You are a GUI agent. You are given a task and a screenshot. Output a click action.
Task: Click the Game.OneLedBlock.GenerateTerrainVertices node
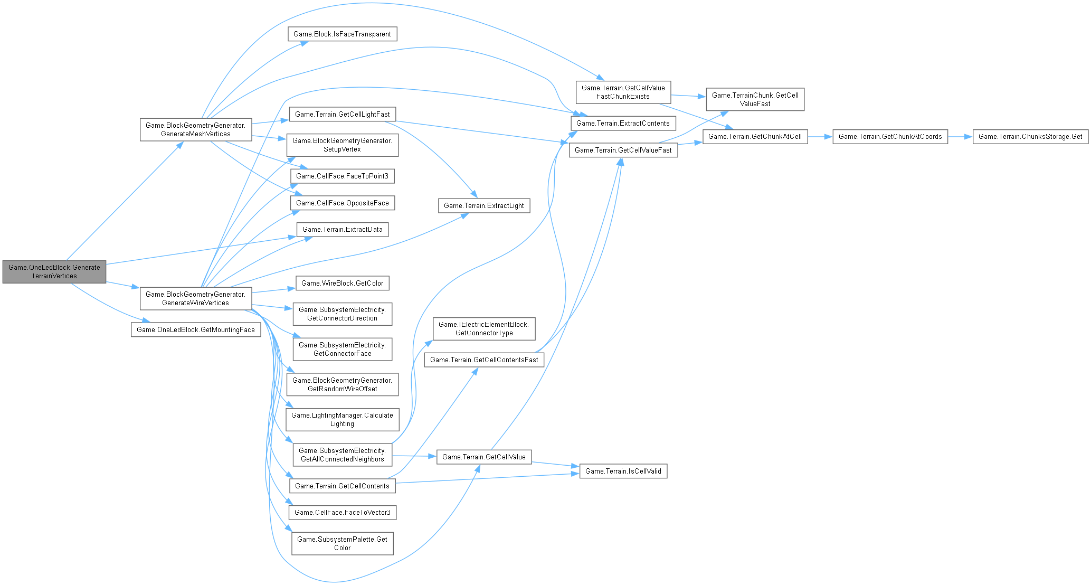point(54,271)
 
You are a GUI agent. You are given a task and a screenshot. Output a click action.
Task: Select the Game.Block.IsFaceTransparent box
point(342,34)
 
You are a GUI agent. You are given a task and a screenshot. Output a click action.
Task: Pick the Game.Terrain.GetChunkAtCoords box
point(890,137)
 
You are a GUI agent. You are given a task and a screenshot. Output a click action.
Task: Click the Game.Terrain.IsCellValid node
point(623,471)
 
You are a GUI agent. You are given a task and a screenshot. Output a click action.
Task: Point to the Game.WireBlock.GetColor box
point(342,284)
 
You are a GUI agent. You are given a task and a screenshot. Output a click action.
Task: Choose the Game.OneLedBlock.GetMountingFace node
point(195,330)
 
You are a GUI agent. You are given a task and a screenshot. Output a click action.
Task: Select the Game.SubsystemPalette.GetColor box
point(342,543)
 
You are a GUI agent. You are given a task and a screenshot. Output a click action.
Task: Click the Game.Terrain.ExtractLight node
point(483,206)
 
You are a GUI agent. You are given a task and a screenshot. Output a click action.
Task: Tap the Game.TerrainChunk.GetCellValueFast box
point(755,100)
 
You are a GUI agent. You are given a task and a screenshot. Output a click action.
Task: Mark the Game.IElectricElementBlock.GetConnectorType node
point(483,328)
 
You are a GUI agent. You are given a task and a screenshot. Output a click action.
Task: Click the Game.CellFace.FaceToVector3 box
point(342,513)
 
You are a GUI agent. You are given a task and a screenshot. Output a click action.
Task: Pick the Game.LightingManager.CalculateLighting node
point(342,420)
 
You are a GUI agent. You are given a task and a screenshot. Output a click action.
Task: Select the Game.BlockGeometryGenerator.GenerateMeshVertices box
point(195,130)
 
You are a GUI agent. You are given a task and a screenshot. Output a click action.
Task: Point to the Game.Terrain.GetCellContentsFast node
point(483,360)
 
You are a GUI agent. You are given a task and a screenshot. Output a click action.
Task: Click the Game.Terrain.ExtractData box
point(342,230)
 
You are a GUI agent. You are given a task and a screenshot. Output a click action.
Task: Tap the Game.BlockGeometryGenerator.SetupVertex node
point(342,145)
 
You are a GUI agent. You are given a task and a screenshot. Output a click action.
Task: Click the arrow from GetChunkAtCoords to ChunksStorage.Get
point(960,137)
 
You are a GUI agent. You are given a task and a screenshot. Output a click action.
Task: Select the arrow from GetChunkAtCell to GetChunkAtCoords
point(820,137)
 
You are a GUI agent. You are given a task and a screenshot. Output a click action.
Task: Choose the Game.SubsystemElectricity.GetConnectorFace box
point(342,350)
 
